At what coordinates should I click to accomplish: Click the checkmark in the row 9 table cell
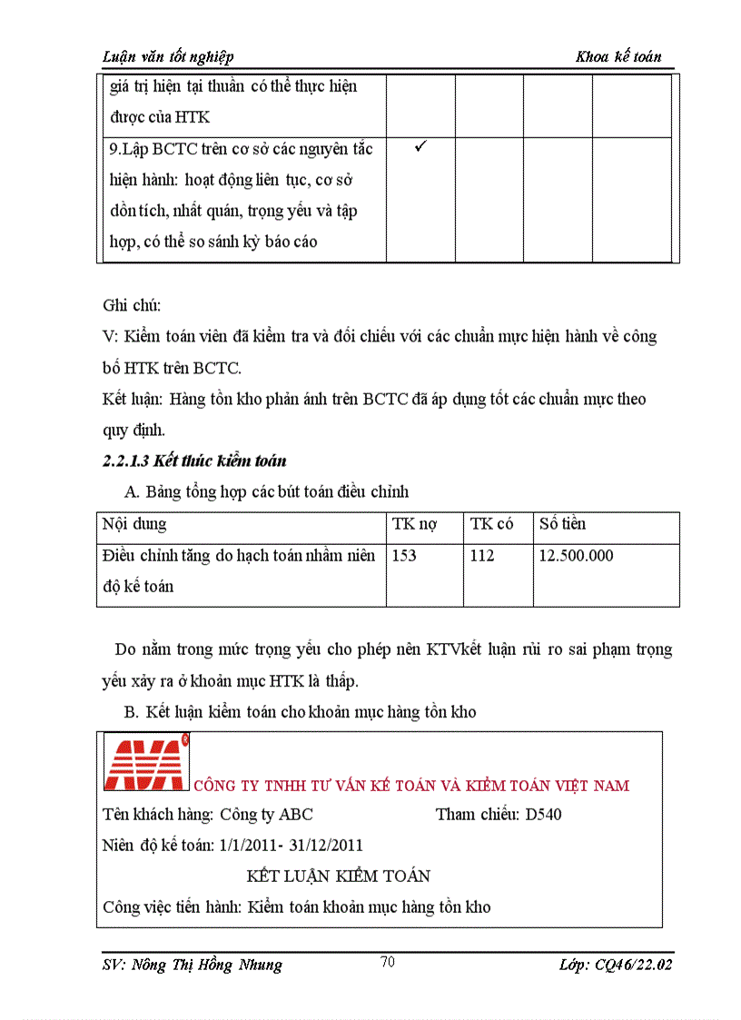pos(420,146)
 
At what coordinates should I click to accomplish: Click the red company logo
pos(145,760)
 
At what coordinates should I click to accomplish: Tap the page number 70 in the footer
pos(388,963)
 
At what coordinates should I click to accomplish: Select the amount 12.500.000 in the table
pos(576,555)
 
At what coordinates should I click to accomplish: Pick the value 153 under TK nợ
pos(404,555)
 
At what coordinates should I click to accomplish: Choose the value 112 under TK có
pos(482,555)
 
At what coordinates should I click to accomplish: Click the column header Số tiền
pos(562,524)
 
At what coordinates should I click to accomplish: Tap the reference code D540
pos(544,814)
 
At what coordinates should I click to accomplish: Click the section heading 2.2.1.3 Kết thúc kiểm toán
pos(195,461)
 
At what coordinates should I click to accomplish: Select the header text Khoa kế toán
pos(618,56)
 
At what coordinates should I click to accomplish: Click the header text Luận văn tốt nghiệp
pos(168,56)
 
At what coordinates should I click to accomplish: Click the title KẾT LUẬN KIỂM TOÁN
pos(339,876)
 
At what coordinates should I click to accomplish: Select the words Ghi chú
pos(132,305)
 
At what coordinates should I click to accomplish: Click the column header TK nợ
pos(414,524)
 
